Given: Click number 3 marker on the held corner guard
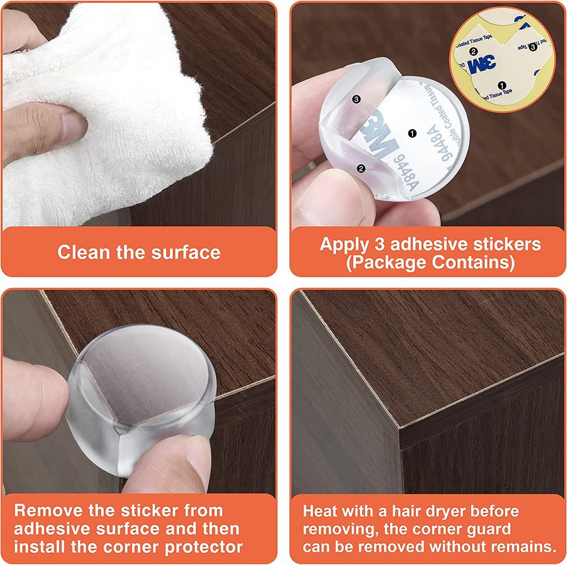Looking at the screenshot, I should point(356,99).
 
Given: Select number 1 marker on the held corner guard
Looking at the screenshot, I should point(411,133).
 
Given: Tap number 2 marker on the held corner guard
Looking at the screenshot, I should point(361,169).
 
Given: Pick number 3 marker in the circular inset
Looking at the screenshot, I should point(533,47).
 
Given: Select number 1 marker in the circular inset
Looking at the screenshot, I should point(502,85).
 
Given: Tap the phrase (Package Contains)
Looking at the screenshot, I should point(430,262).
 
